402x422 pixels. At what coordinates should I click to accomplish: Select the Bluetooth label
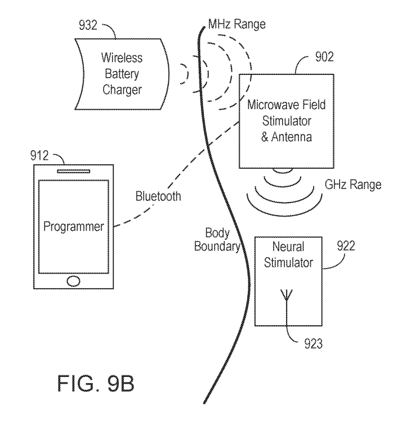pyautogui.click(x=158, y=197)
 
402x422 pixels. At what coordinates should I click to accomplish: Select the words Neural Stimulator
pyautogui.click(x=288, y=255)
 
